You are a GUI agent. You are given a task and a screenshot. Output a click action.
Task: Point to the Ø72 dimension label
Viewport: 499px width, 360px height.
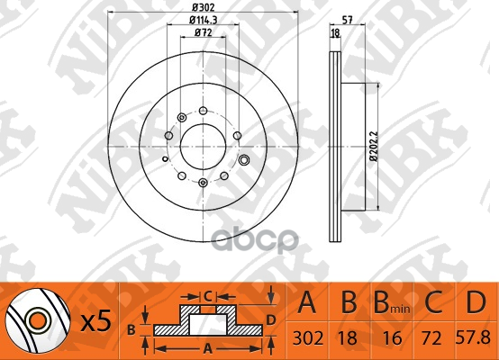pos(202,34)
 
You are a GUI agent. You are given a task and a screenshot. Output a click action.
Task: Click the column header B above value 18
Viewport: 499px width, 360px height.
pos(351,303)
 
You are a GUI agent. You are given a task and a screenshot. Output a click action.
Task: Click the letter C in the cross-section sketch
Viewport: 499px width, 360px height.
pos(207,295)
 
